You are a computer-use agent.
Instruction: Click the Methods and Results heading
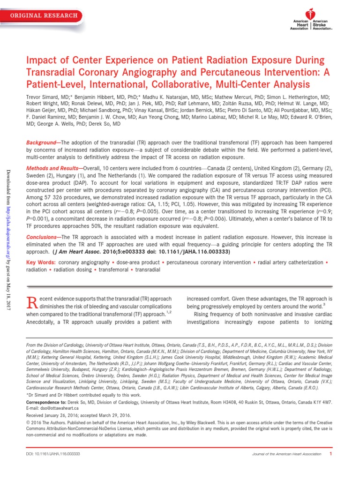pos(52,167)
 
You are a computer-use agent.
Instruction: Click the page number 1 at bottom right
pos(330,453)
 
